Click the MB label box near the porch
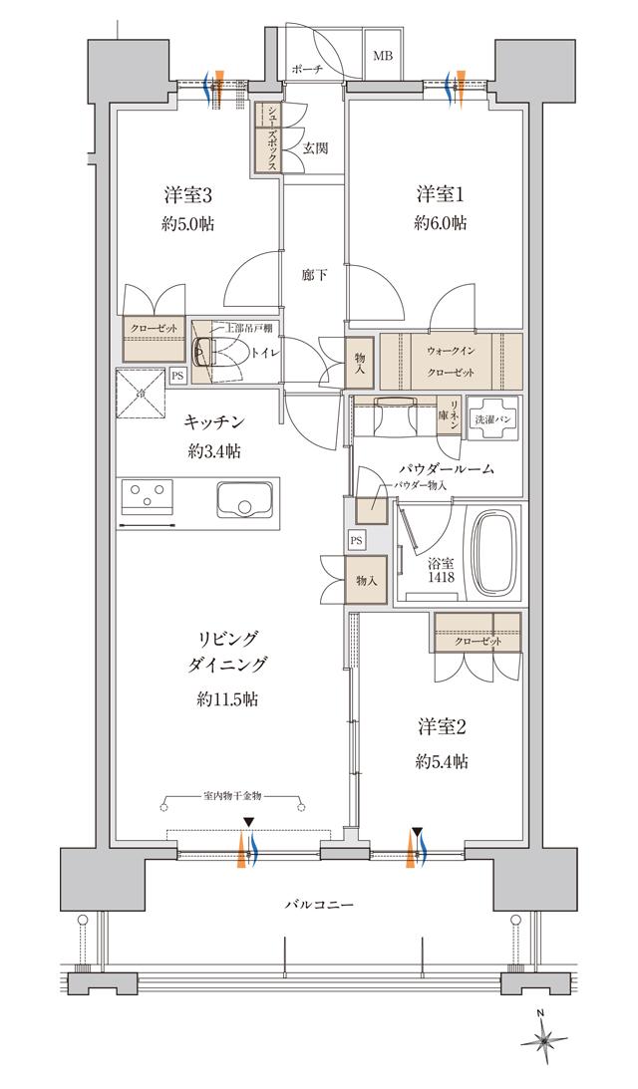[383, 56]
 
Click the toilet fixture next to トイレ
[209, 352]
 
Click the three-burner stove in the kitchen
[148, 495]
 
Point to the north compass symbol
[543, 1040]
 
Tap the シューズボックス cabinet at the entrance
[267, 139]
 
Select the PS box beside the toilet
[176, 376]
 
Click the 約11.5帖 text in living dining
[226, 699]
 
